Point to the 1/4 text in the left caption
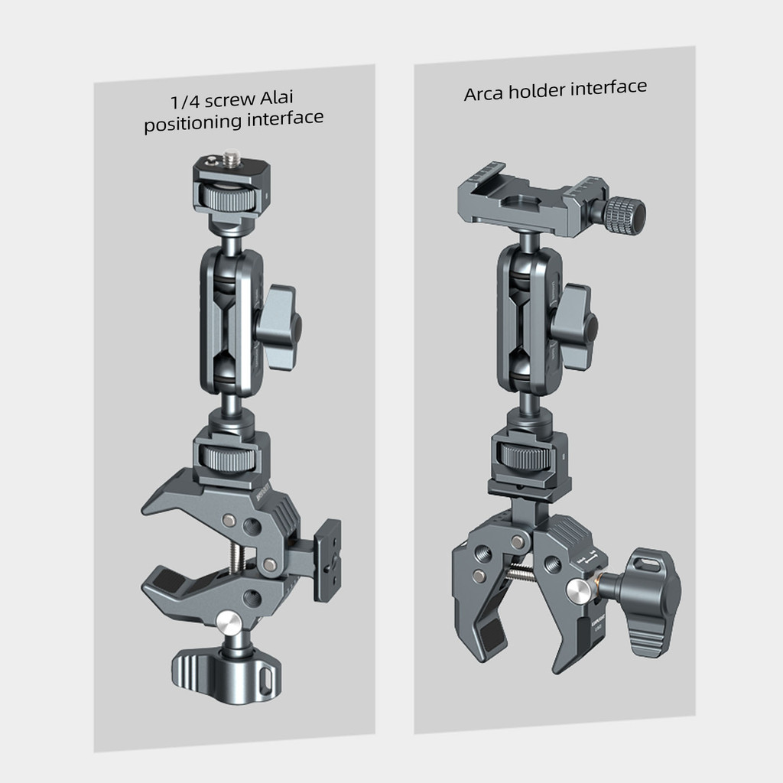pyautogui.click(x=185, y=102)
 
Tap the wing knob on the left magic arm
pyautogui.click(x=278, y=327)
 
